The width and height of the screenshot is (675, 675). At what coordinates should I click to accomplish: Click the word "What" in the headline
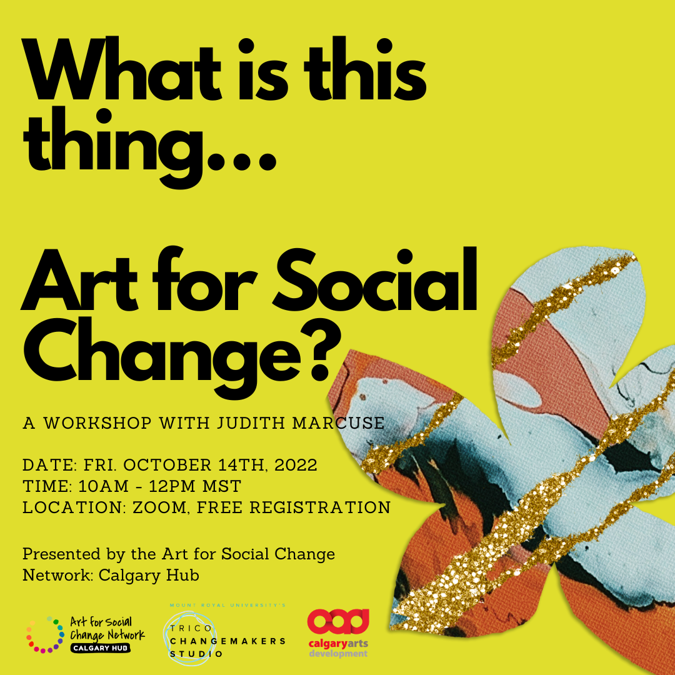(122, 69)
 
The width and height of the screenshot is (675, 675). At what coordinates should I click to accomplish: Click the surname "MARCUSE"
(338, 423)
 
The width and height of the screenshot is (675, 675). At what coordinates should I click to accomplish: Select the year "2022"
(296, 465)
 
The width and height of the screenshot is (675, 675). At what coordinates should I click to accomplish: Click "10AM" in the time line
(103, 486)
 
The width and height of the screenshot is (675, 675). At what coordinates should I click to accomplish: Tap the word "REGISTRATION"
(320, 507)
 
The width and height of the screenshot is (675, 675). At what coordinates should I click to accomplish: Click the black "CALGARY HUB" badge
(100, 648)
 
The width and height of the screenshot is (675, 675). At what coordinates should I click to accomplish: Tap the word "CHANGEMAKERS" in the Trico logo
(227, 641)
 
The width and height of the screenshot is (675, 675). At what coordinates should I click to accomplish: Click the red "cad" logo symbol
(338, 621)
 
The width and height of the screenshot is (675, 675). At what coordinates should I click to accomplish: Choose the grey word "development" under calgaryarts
(338, 654)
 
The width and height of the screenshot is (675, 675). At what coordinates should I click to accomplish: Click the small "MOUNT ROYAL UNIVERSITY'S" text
(227, 605)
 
